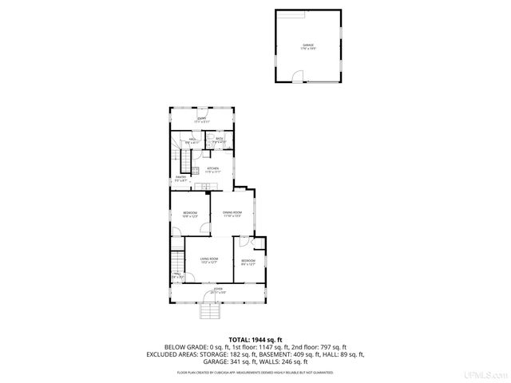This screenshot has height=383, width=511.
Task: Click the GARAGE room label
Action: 307,46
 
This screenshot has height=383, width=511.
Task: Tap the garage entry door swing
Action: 297,77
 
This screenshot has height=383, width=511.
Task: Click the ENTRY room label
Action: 202,120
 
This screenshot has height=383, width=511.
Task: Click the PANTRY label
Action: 180,179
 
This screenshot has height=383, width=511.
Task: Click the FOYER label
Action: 218,290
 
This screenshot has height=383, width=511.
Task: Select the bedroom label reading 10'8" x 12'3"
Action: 189,214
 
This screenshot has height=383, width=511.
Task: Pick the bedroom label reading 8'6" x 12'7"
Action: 248,262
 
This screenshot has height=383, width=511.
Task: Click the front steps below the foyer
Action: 209,311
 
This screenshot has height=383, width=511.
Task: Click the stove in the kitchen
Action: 205,188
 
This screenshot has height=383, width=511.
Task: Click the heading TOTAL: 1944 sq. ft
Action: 255,339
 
